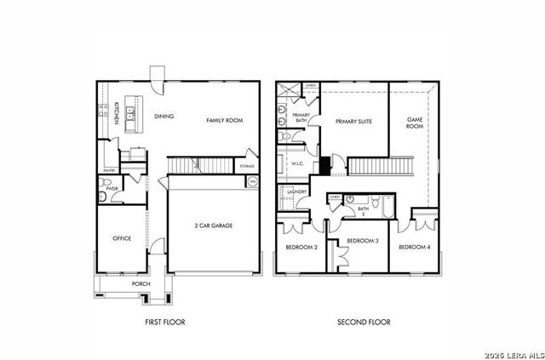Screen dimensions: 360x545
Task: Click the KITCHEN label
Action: pyautogui.click(x=117, y=113)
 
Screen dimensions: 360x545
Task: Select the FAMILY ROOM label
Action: pyautogui.click(x=224, y=121)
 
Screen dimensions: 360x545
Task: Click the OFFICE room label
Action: pyautogui.click(x=122, y=238)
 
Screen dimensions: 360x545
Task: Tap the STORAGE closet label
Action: pyautogui.click(x=247, y=166)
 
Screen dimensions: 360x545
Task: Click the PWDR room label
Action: pyautogui.click(x=112, y=189)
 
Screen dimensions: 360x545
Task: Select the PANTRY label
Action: pyautogui.click(x=109, y=171)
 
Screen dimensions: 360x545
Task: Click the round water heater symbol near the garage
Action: pyautogui.click(x=250, y=181)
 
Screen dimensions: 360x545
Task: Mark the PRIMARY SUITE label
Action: pyautogui.click(x=353, y=122)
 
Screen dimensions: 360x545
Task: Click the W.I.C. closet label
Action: pyautogui.click(x=298, y=163)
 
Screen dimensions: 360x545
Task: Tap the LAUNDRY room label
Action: pyautogui.click(x=297, y=192)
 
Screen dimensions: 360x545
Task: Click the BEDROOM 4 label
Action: pyautogui.click(x=414, y=247)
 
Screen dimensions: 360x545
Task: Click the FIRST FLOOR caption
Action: pyautogui.click(x=165, y=323)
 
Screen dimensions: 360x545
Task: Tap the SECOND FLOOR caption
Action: pyautogui.click(x=364, y=323)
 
